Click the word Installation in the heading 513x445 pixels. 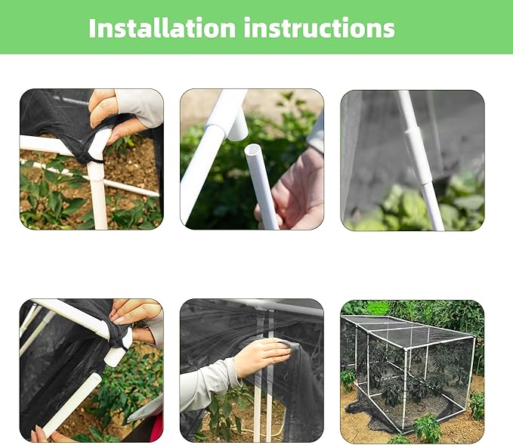click(162, 28)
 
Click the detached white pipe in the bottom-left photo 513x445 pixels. click(73, 404)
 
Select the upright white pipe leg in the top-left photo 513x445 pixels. click(97, 196)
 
